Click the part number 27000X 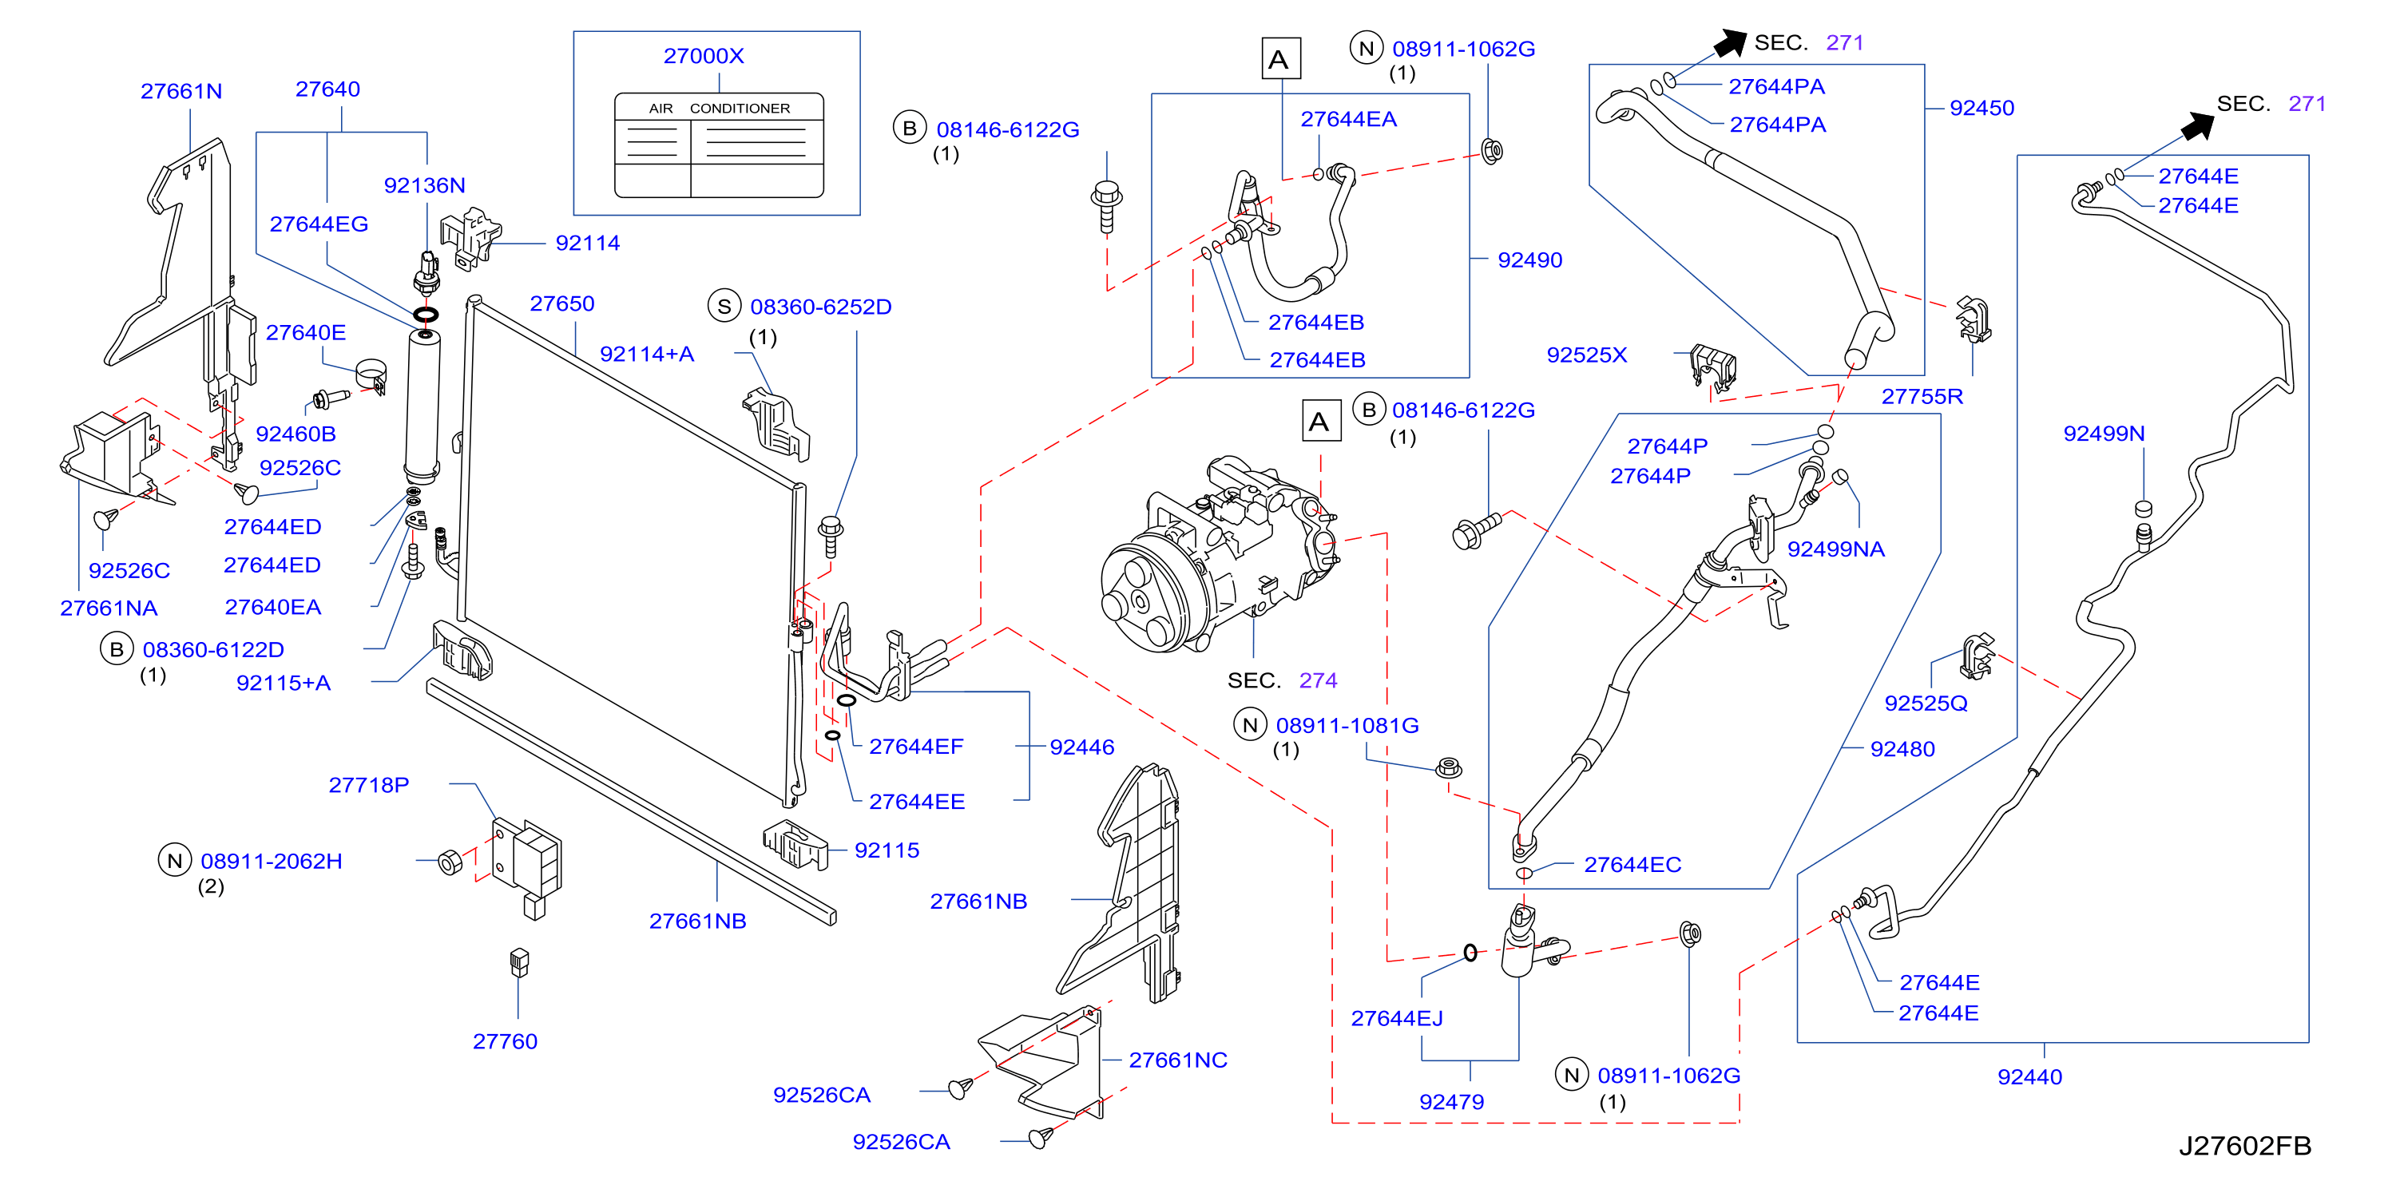click(704, 56)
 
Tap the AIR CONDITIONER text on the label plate click(720, 109)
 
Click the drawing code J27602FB click(2244, 1146)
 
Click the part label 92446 click(1081, 747)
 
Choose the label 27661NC click(1178, 1060)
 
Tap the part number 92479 click(1451, 1102)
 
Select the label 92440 click(2029, 1076)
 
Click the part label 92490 click(1529, 260)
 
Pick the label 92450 click(1982, 109)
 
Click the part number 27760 click(505, 1041)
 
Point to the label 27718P click(369, 785)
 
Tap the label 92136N click(425, 184)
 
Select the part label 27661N click(181, 90)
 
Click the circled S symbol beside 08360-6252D click(724, 306)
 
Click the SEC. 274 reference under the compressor click(1282, 680)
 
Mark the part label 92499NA click(1835, 549)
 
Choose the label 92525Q click(1926, 703)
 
